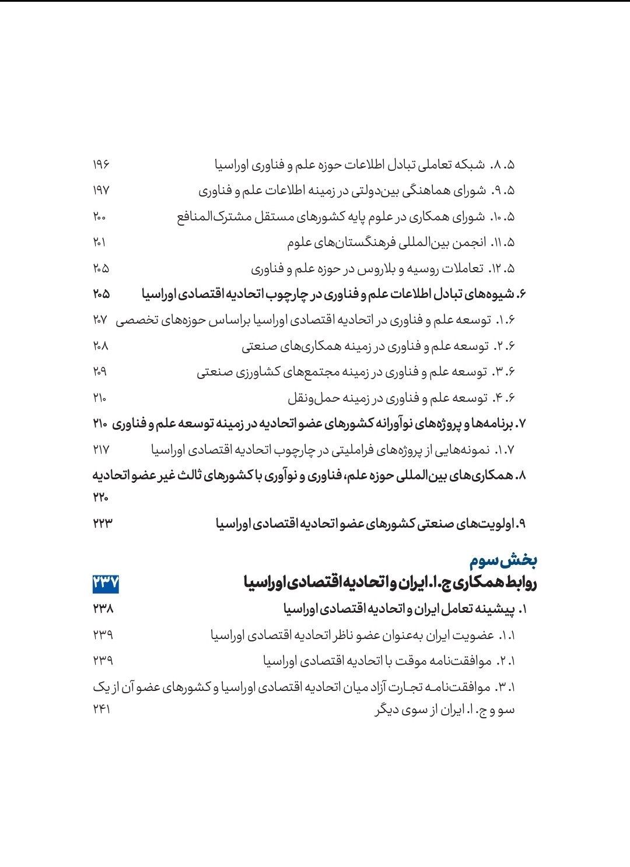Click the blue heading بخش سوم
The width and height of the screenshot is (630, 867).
[503, 561]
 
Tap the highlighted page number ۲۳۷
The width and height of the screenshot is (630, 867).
[106, 583]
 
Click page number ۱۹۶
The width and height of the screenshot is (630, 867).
[101, 165]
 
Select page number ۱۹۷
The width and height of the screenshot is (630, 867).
[101, 191]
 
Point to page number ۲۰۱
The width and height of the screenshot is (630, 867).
[99, 243]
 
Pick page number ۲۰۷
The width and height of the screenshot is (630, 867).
[100, 320]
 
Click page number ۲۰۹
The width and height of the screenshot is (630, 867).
[100, 372]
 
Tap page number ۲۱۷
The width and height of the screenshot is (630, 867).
[101, 450]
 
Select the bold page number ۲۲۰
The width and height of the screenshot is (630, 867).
[100, 497]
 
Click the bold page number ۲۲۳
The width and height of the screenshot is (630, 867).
[102, 524]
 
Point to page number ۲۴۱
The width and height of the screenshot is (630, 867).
[101, 710]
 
